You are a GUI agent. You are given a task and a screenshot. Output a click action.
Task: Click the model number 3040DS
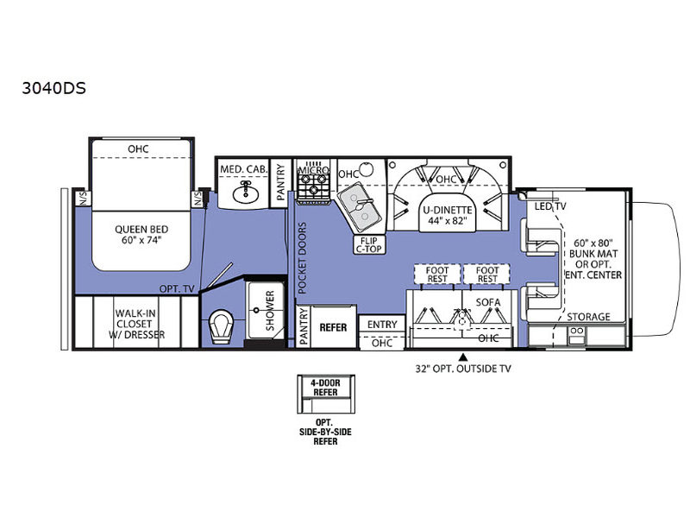point(53,88)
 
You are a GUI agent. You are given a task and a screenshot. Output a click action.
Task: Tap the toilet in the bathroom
point(221,326)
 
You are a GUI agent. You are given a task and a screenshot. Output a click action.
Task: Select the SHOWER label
point(270,310)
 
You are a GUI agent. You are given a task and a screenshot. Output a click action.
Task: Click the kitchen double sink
point(359,206)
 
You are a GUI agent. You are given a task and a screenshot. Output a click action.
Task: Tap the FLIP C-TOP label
point(369,244)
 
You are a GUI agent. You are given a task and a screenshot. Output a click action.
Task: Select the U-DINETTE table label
point(447,215)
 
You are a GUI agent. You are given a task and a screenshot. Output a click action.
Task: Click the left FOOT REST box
point(437,274)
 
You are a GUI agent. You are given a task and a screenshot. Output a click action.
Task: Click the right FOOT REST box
point(486,274)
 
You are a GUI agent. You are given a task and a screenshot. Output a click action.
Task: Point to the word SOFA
point(487,302)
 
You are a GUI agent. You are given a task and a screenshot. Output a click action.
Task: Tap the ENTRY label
point(382,325)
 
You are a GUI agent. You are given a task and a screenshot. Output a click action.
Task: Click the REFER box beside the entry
point(333,327)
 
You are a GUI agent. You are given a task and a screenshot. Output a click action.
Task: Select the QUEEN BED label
point(141,234)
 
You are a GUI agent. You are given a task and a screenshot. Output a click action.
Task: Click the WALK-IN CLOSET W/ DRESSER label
point(136,324)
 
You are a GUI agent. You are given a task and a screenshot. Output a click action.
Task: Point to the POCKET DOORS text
point(302,257)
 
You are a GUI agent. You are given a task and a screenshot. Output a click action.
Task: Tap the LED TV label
point(550,206)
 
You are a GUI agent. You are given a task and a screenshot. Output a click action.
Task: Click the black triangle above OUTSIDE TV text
point(462,357)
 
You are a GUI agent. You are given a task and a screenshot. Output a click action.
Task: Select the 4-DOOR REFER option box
point(326,394)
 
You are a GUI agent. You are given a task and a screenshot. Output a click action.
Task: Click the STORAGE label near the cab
point(588,317)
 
